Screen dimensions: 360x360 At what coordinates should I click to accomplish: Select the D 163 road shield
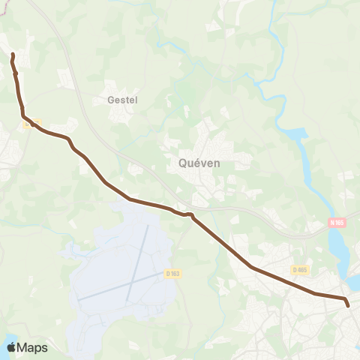[173, 274]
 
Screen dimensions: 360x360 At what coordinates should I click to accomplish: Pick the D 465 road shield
[301, 269]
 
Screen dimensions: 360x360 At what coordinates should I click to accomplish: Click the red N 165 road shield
[337, 222]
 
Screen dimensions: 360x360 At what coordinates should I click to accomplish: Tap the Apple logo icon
[11, 347]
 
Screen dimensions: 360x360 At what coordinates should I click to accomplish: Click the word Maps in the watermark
[33, 347]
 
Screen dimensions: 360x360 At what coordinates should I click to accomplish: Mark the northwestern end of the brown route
[13, 55]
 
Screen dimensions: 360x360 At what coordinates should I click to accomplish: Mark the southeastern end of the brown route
[347, 304]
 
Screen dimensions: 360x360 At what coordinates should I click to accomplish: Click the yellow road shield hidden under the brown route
[31, 124]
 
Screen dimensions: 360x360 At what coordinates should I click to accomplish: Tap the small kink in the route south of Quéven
[190, 216]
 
